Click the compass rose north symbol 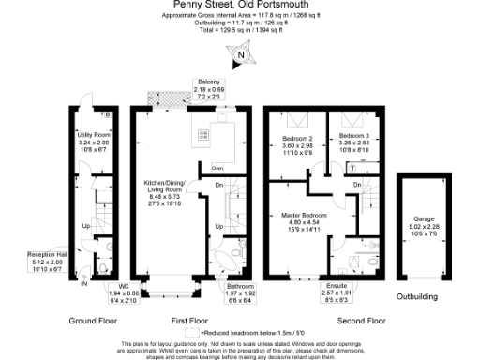[x=241, y=55]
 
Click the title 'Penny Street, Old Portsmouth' [x=239, y=7]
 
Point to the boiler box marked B [x=108, y=115]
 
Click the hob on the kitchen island [x=203, y=134]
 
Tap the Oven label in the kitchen [x=217, y=168]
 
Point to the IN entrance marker [x=83, y=281]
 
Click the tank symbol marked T [x=353, y=169]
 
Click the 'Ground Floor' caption [x=94, y=320]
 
